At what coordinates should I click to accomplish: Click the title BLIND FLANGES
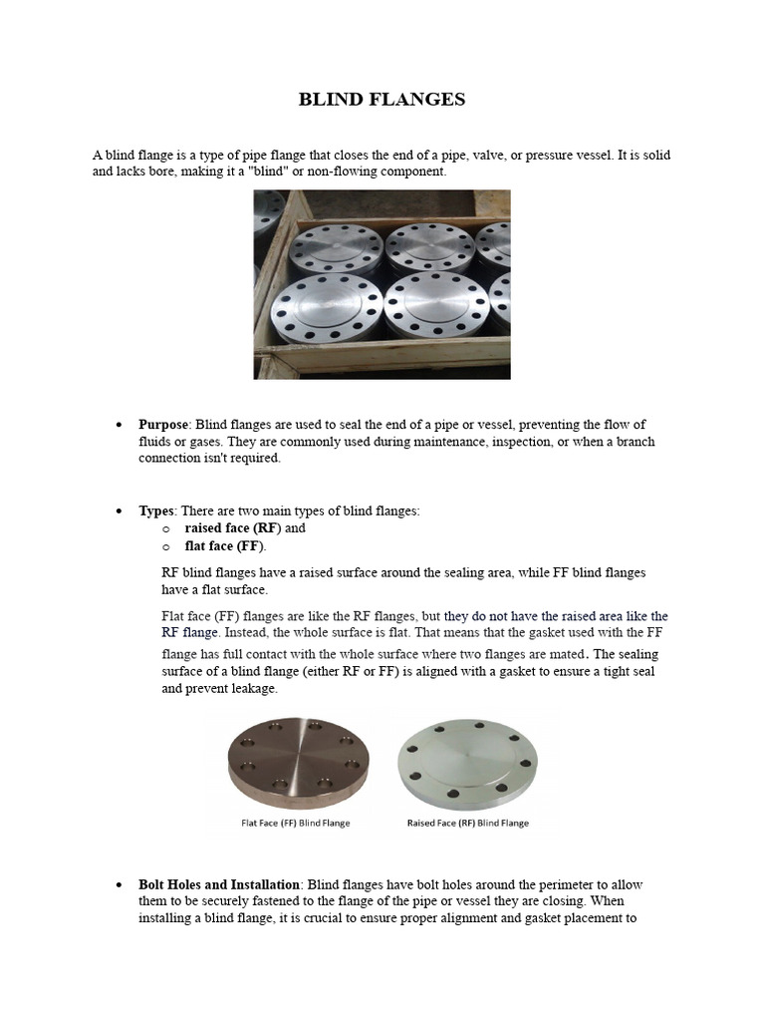pyautogui.click(x=382, y=100)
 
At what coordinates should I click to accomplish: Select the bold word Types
pyautogui.click(x=156, y=510)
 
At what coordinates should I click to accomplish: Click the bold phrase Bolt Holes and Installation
pyautogui.click(x=219, y=884)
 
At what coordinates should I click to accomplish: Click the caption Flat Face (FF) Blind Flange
pyautogui.click(x=296, y=824)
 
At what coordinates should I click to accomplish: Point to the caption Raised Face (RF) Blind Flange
pyautogui.click(x=468, y=824)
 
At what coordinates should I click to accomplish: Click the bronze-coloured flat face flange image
pyautogui.click(x=299, y=763)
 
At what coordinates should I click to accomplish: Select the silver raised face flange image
pyautogui.click(x=467, y=763)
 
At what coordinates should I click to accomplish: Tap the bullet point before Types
pyautogui.click(x=119, y=511)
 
